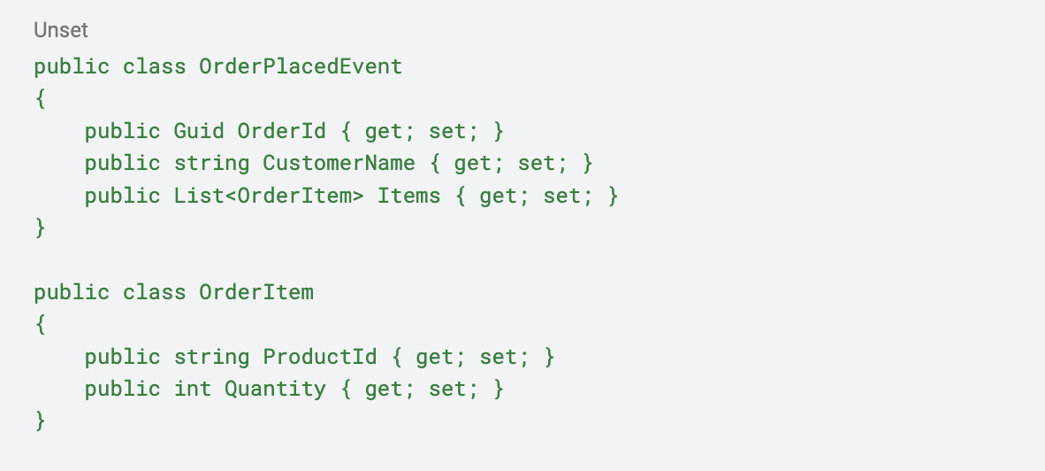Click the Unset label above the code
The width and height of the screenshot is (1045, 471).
coord(61,31)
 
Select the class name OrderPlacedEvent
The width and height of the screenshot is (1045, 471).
coord(301,66)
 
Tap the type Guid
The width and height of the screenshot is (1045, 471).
coord(199,131)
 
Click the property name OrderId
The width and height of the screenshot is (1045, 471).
coord(281,131)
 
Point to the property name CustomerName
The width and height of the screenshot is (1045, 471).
coord(339,163)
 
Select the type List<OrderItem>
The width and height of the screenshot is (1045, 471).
coord(270,196)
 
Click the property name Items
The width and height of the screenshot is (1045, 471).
coord(409,196)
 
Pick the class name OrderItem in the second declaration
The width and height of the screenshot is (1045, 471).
coord(256,292)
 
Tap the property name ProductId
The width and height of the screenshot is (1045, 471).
coord(319,357)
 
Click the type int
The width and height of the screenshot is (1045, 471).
coord(193,389)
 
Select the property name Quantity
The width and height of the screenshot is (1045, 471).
coord(275,390)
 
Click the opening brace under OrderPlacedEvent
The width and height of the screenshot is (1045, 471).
coord(41,99)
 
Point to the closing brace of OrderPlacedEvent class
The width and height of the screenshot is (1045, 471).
coord(41,228)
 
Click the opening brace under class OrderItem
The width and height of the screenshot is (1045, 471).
coord(41,325)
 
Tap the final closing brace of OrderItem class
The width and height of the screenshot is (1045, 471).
coord(41,421)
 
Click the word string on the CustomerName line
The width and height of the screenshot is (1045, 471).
coord(211,164)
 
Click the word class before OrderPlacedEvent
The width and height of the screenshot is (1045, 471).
coord(155,66)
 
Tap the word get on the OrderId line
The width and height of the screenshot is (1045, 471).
coord(383,132)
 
